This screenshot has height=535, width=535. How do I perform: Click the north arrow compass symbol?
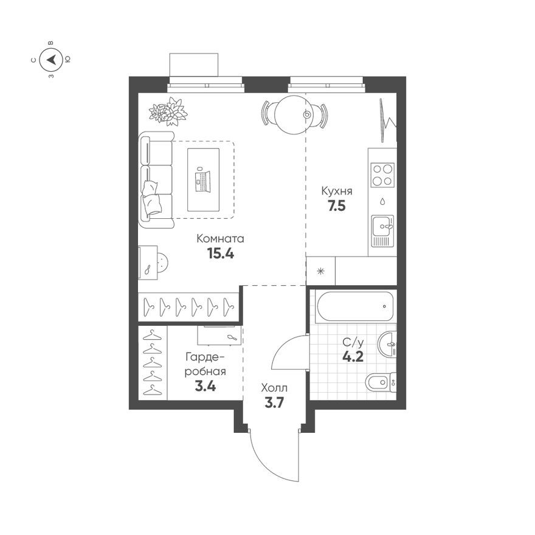click(51, 60)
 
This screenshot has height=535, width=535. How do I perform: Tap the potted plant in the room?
click(168, 112)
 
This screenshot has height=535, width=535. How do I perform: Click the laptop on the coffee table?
click(201, 179)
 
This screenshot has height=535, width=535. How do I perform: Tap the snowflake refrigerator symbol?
click(320, 271)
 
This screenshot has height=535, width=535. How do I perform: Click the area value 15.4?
click(221, 254)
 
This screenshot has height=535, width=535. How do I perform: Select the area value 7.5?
click(337, 205)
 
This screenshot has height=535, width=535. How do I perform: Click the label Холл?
click(274, 388)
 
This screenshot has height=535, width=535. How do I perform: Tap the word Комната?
click(220, 239)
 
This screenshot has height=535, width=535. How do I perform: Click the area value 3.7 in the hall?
click(274, 402)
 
